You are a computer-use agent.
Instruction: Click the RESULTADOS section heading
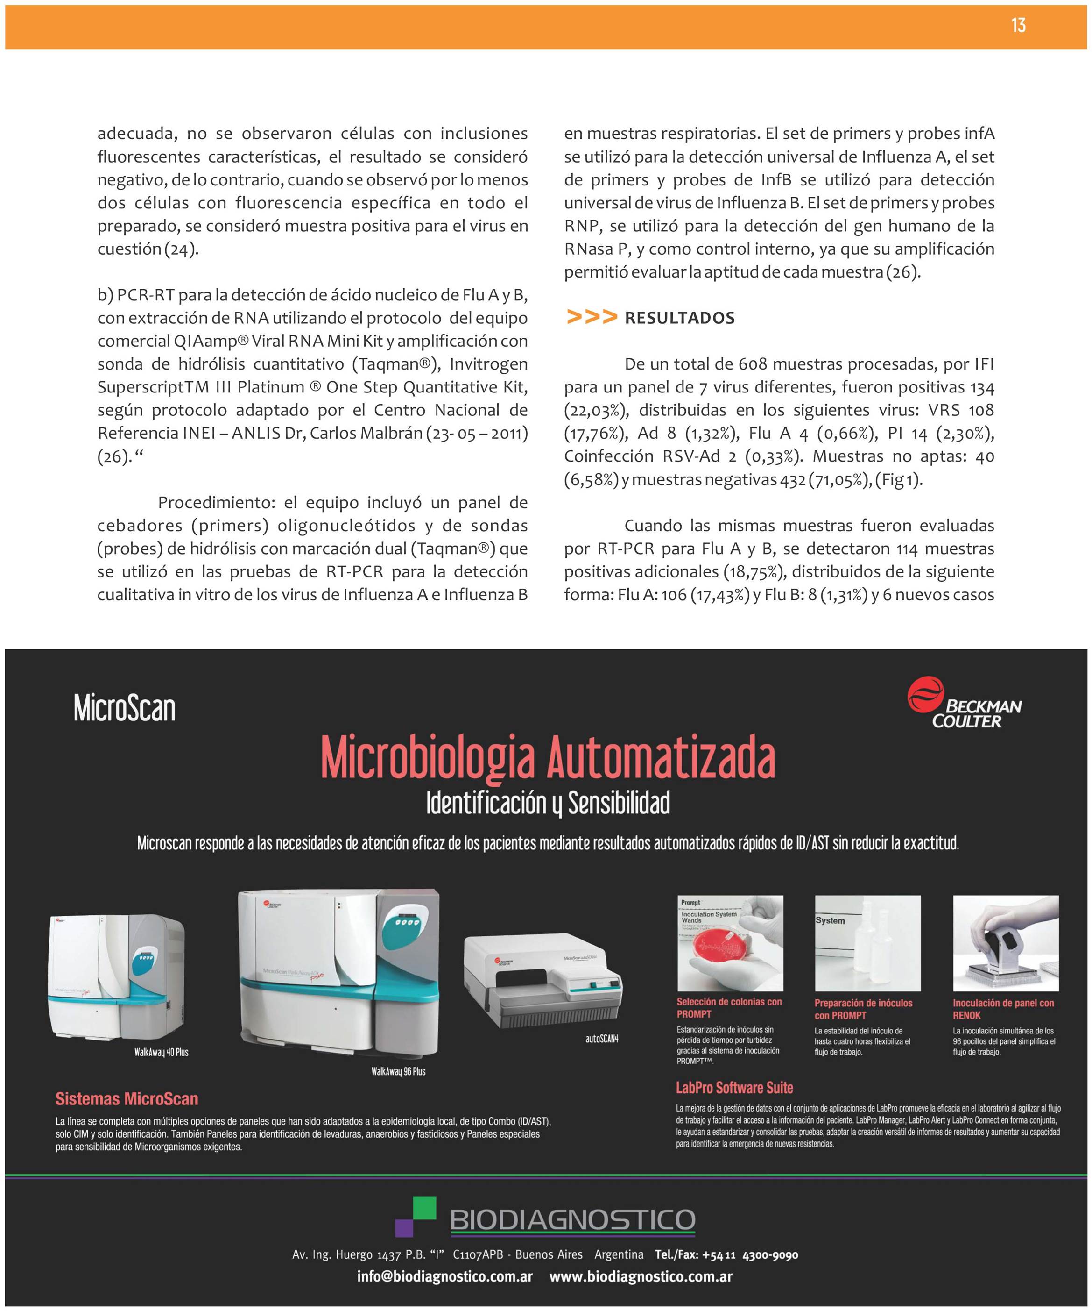coord(680,318)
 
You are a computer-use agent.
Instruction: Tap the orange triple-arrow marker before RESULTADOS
coord(591,317)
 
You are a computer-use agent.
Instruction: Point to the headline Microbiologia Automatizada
coord(548,757)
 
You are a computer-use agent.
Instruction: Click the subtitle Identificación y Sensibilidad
coord(548,804)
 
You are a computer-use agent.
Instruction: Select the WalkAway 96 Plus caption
coord(398,1071)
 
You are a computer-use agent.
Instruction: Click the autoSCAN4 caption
coord(601,1039)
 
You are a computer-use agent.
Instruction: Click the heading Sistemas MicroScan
coord(127,1099)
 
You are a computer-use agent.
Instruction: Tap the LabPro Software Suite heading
coord(734,1088)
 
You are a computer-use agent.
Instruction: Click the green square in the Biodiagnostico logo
coord(424,1209)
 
